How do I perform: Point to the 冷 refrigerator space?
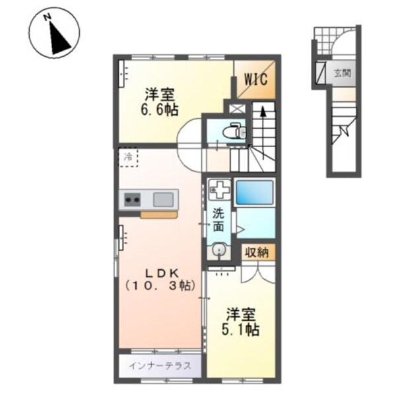[x=128, y=157]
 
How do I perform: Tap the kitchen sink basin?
[x=164, y=199]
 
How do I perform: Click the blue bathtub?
[x=251, y=191]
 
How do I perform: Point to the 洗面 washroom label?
[x=218, y=220]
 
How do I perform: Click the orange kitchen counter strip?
[x=158, y=214]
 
